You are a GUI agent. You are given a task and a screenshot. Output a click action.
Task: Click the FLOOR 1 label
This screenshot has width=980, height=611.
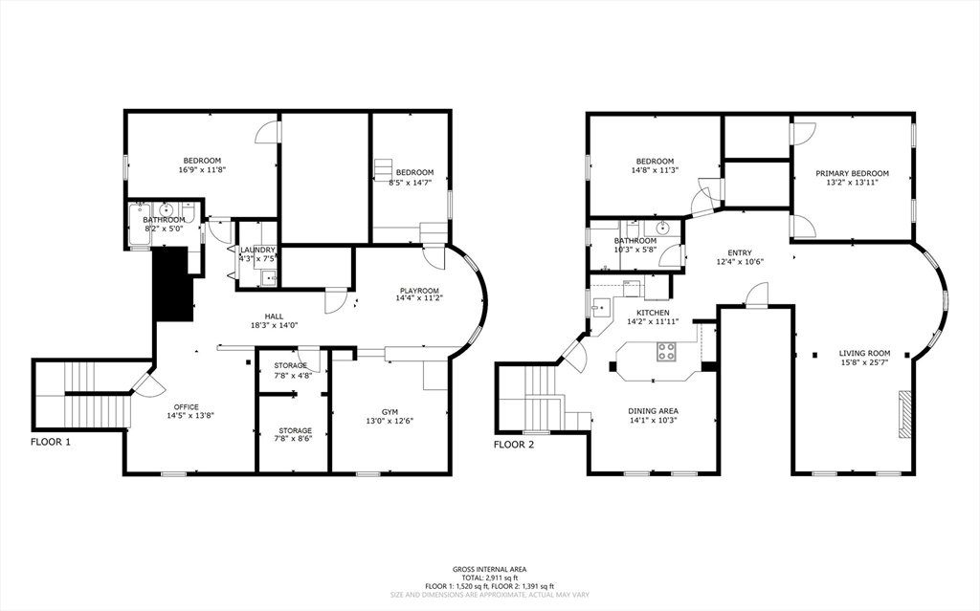pyautogui.click(x=51, y=443)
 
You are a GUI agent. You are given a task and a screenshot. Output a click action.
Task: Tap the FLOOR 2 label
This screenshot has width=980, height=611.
pyautogui.click(x=514, y=445)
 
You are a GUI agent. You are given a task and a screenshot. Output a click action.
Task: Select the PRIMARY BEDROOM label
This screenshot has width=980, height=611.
pyautogui.click(x=852, y=174)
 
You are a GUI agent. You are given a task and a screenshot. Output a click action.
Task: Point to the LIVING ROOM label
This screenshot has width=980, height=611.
pyautogui.click(x=864, y=353)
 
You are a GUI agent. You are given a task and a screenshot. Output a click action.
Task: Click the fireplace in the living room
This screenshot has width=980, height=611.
pyautogui.click(x=904, y=413)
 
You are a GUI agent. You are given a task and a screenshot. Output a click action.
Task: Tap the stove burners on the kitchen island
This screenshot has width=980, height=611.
pyautogui.click(x=666, y=352)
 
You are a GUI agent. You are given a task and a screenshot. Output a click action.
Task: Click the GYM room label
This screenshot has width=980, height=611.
pyautogui.click(x=390, y=412)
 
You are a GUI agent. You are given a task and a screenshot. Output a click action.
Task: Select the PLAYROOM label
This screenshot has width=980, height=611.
pyautogui.click(x=419, y=291)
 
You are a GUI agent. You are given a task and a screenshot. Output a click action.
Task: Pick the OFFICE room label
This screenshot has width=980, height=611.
pyautogui.click(x=187, y=406)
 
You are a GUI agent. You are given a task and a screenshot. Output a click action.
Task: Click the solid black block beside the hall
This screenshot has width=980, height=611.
pyautogui.click(x=172, y=283)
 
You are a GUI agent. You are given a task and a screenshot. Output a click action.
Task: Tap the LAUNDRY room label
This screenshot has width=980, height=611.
pyautogui.click(x=257, y=250)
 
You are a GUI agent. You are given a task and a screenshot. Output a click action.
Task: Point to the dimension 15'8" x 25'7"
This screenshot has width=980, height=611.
pyautogui.click(x=864, y=361)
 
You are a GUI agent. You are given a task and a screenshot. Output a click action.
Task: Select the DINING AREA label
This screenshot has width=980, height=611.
pyautogui.click(x=653, y=411)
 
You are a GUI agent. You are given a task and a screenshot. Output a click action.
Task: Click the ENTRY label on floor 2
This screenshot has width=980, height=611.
pyautogui.click(x=740, y=253)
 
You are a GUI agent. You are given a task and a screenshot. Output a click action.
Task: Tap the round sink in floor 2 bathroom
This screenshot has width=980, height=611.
pyautogui.click(x=662, y=228)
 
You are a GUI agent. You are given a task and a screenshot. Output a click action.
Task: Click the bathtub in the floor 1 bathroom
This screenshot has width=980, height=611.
pyautogui.click(x=138, y=224)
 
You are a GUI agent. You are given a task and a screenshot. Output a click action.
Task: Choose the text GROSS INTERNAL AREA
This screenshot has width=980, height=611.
pyautogui.click(x=489, y=569)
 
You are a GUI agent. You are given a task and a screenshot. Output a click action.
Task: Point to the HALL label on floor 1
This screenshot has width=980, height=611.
pyautogui.click(x=274, y=316)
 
